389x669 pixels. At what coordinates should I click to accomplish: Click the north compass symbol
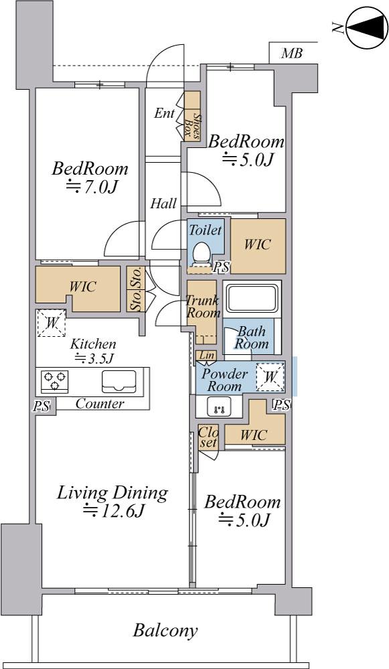tap(366, 27)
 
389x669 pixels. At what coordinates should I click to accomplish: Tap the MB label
tap(292, 54)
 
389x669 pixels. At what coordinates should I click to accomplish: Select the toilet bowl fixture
tap(201, 253)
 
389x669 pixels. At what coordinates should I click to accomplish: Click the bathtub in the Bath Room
tap(251, 299)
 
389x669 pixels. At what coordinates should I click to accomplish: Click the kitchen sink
tap(119, 382)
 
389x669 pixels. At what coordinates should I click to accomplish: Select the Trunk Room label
tap(203, 306)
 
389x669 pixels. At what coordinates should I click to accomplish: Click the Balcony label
tap(165, 631)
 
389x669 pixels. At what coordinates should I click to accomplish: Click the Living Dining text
tap(112, 494)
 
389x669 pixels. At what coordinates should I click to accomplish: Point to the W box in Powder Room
tap(270, 377)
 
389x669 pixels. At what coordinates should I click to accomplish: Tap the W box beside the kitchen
tap(51, 323)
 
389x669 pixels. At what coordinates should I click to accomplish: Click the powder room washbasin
tap(219, 406)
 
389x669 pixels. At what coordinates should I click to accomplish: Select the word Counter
tap(100, 404)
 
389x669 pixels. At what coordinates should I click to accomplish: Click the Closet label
tap(208, 437)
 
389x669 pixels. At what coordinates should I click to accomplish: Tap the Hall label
tap(163, 204)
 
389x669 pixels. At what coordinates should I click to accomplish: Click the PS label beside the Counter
tap(42, 405)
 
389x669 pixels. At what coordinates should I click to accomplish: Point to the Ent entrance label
tap(164, 113)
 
